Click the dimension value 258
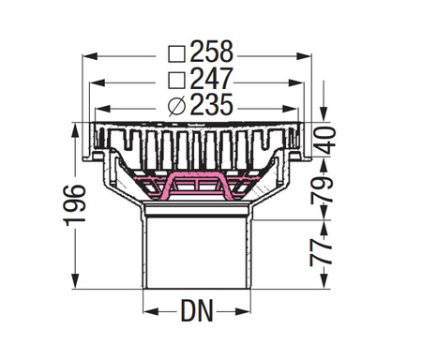212,52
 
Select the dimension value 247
212,79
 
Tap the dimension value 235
212,105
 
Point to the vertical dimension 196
74,205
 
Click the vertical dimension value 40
324,141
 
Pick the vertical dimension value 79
323,190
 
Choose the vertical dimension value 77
322,252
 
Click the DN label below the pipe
197,310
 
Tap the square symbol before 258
177,54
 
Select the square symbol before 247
177,81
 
